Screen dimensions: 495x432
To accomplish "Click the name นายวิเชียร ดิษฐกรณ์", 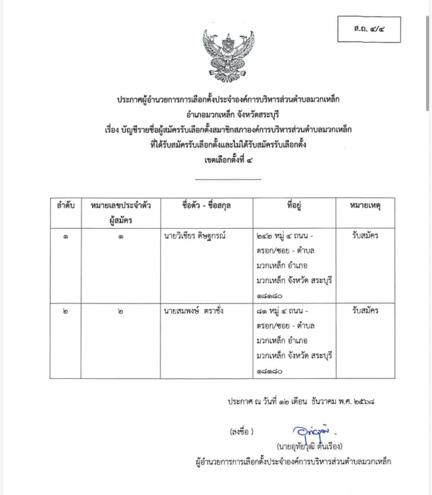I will tap(199, 236).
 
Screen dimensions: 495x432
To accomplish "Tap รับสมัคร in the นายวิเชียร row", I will tap(365, 236).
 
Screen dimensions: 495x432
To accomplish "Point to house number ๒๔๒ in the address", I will tap(266, 236).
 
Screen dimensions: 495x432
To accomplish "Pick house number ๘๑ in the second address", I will tap(264, 311).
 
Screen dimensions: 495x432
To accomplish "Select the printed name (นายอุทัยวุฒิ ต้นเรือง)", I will tap(310, 446).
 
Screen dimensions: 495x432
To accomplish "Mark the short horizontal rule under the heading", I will tap(227, 179).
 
